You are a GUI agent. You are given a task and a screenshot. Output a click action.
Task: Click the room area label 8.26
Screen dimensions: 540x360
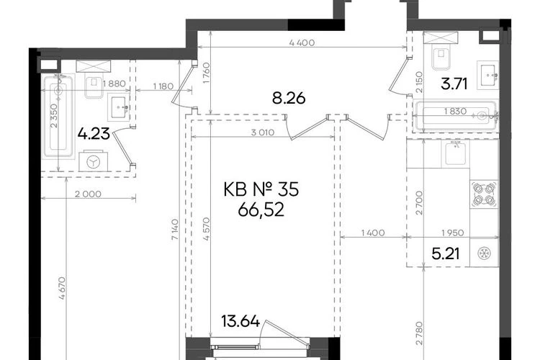[x=289, y=99]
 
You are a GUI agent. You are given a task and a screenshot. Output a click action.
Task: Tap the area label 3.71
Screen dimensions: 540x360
[x=454, y=84]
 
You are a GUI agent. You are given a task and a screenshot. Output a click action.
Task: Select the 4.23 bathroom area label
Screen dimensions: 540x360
[x=94, y=134]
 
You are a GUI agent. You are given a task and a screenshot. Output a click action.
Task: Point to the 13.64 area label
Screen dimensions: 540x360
[x=240, y=321]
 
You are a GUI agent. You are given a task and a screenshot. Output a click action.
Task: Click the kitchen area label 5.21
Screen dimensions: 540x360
[x=446, y=254]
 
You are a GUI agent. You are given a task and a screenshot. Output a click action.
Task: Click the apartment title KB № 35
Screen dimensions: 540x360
[x=261, y=189]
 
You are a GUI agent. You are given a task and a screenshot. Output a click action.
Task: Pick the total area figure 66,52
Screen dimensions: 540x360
[x=261, y=210]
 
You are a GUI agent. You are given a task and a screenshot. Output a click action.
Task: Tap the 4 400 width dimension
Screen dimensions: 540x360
[x=302, y=42]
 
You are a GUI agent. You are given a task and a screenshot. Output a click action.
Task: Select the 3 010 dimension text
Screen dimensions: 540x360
[x=262, y=132]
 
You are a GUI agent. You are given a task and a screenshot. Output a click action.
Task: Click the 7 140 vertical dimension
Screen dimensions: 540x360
[x=175, y=229]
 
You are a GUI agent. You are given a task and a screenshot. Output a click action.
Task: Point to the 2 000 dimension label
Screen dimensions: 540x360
[x=88, y=194]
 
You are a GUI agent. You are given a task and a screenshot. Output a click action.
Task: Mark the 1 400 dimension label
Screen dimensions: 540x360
[x=373, y=233]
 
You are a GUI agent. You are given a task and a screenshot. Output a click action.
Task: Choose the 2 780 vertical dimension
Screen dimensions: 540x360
[x=419, y=333]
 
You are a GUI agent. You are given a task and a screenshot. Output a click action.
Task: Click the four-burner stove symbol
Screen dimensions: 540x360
[x=485, y=194]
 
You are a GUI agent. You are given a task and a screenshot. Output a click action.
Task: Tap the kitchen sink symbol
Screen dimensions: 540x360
[x=456, y=153]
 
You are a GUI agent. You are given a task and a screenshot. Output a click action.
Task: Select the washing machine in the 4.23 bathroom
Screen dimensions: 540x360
[x=93, y=161]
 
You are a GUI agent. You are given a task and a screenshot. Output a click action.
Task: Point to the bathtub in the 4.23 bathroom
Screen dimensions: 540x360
[x=58, y=117]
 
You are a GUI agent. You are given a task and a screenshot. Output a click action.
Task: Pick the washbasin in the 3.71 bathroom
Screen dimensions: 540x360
[x=487, y=75]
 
